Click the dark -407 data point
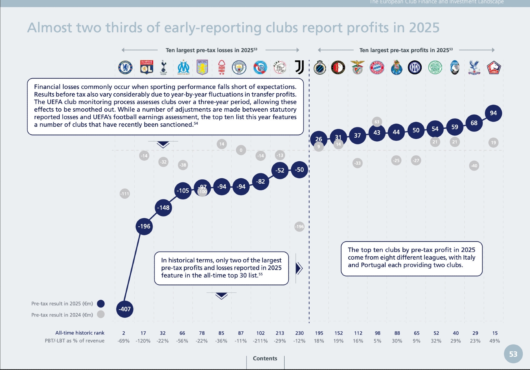(x=125, y=309)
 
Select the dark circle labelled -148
(x=163, y=208)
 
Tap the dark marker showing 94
(x=493, y=113)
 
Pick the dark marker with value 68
(x=474, y=123)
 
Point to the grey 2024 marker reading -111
(x=125, y=194)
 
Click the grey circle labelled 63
(x=377, y=122)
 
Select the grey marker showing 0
(x=241, y=150)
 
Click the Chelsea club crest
(x=125, y=67)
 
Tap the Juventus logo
(x=299, y=67)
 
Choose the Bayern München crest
(x=377, y=67)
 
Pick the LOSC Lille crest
(x=494, y=67)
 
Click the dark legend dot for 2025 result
(x=101, y=304)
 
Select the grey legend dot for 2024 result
(x=101, y=314)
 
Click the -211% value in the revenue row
(x=260, y=341)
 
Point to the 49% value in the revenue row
(x=494, y=341)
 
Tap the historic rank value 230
(x=299, y=333)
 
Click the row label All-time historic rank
(x=80, y=333)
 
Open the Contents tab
(x=265, y=358)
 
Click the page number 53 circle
(x=513, y=354)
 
